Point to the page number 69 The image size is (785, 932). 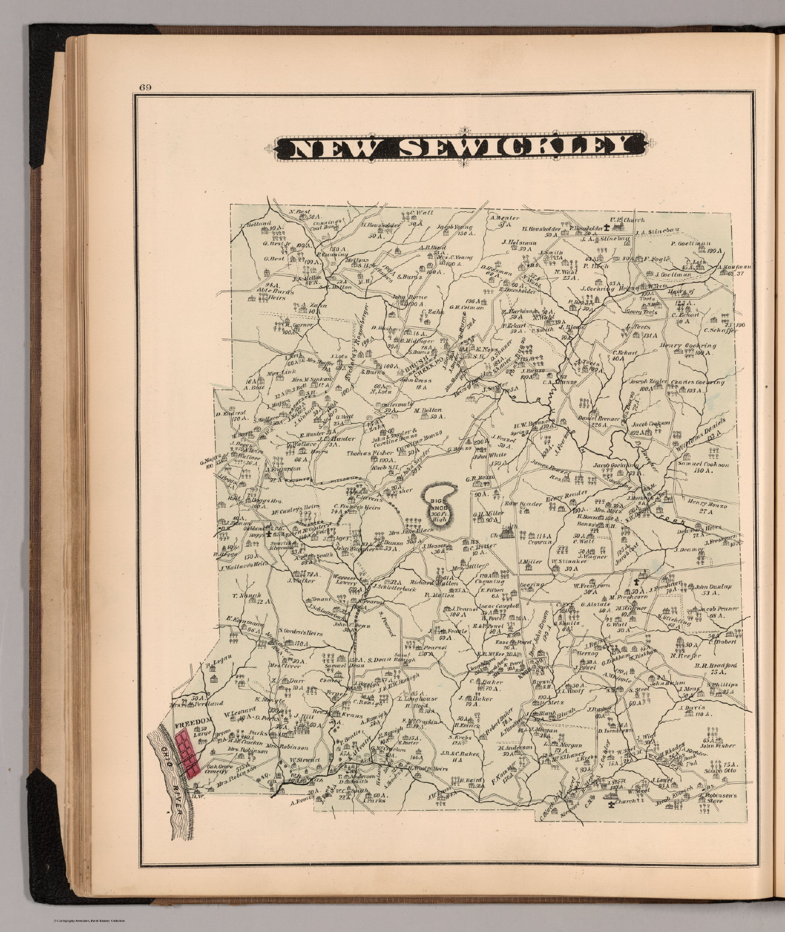pyautogui.click(x=144, y=86)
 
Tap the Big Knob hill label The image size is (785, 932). pyautogui.click(x=439, y=505)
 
